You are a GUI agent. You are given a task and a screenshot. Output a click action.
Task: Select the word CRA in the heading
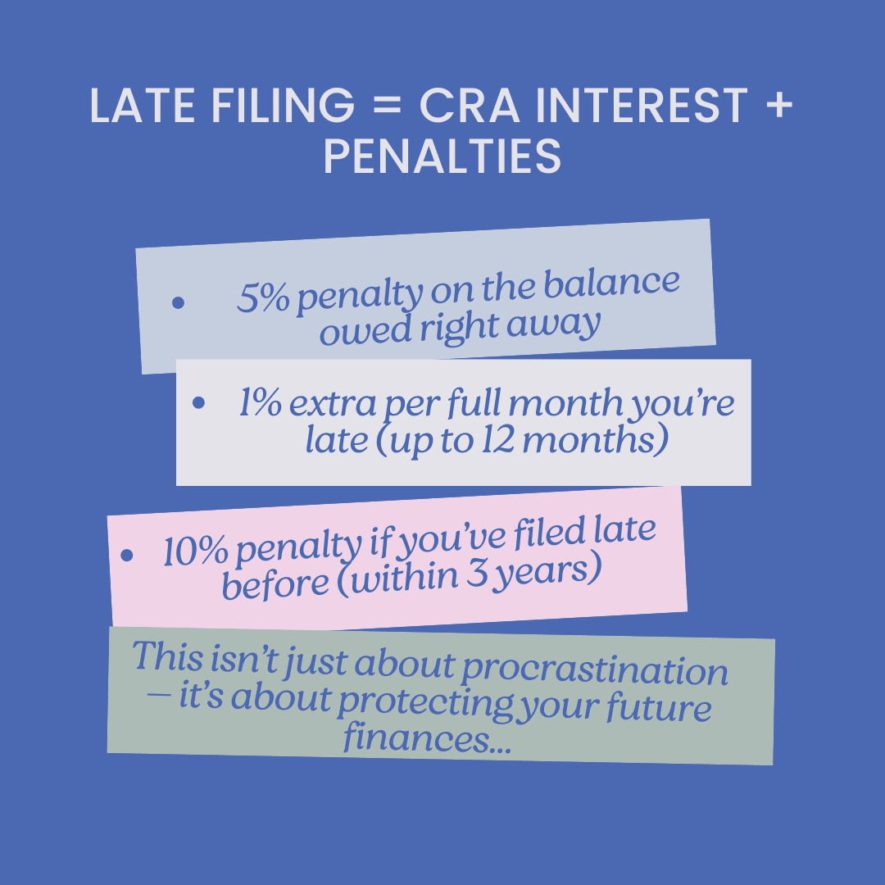click(x=461, y=107)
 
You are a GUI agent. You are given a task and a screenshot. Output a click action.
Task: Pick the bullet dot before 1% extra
click(x=198, y=403)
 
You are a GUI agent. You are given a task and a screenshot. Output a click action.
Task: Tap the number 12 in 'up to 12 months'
click(x=494, y=442)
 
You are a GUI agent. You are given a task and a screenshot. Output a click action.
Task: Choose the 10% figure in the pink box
click(x=195, y=551)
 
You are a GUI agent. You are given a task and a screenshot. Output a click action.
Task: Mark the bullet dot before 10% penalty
click(x=126, y=556)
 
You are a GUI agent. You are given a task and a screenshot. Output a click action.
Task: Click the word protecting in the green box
click(x=420, y=703)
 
